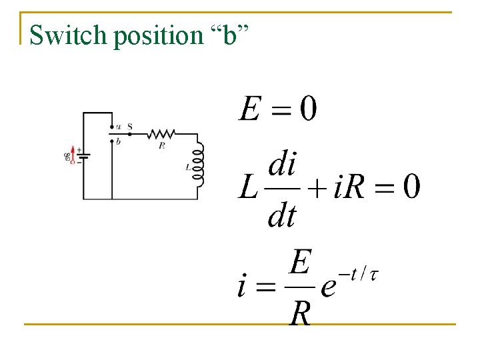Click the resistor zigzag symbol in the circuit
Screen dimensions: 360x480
tap(162, 133)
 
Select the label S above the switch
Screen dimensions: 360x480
tap(129, 126)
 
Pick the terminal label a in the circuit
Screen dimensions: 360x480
tap(118, 126)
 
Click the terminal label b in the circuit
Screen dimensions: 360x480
tap(118, 141)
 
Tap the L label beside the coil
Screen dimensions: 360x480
tap(189, 169)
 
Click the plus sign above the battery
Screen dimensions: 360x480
tap(79, 150)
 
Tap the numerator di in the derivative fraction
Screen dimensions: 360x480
tap(281, 164)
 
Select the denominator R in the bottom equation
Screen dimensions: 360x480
tap(300, 313)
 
